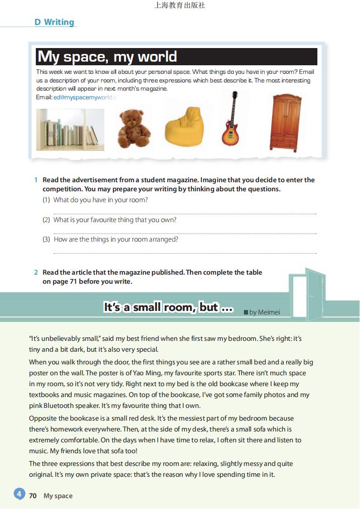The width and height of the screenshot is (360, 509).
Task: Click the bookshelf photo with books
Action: (70, 130)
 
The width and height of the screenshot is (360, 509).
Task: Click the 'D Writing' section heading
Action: (54, 22)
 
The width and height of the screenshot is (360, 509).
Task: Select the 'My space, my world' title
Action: (107, 57)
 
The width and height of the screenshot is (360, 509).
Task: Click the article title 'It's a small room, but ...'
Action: (168, 307)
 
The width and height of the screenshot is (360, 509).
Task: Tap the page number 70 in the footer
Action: (33, 496)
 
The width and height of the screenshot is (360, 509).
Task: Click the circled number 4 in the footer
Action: (19, 494)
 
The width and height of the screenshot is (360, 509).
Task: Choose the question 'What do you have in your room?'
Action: (101, 200)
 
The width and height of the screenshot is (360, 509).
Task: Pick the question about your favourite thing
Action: (115, 220)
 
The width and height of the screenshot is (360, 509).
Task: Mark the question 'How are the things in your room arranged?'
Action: (116, 239)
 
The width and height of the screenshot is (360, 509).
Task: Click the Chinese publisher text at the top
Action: (180, 5)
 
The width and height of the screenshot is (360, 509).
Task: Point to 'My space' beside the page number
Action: (58, 496)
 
